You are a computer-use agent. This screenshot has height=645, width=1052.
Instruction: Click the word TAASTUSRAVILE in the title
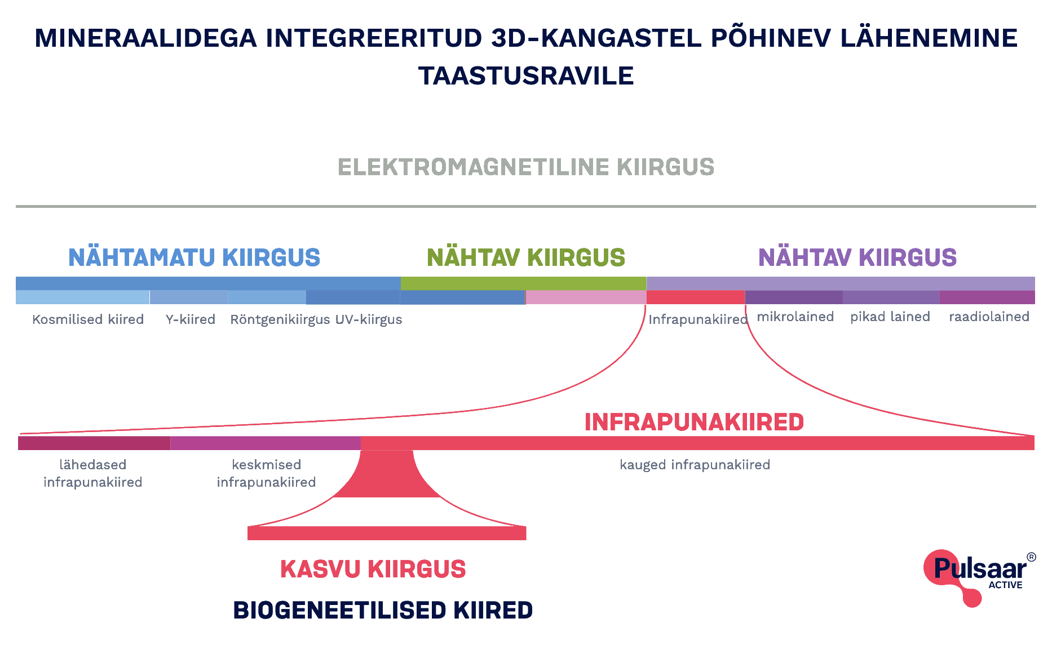click(x=526, y=76)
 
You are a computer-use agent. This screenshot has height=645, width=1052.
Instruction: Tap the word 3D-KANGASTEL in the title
click(x=597, y=38)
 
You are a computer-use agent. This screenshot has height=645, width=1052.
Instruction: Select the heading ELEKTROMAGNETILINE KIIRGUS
click(x=526, y=167)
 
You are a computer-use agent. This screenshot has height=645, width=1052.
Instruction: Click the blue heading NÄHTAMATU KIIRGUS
click(x=194, y=257)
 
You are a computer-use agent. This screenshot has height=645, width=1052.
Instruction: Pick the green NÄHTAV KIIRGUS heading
click(x=526, y=257)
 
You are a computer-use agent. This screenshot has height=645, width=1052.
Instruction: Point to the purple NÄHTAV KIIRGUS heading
click(x=857, y=257)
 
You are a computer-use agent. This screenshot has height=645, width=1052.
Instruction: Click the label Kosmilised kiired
click(x=88, y=319)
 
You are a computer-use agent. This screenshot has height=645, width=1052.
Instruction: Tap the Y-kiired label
click(x=191, y=319)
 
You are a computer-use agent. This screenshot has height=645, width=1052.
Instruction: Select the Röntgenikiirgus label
click(x=280, y=319)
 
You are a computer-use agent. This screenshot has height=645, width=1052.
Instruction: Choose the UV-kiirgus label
click(x=369, y=319)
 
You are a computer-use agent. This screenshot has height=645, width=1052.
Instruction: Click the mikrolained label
click(x=795, y=317)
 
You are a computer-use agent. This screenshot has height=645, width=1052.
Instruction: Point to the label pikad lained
click(x=890, y=317)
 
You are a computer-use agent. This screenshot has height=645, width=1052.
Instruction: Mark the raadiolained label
click(x=989, y=317)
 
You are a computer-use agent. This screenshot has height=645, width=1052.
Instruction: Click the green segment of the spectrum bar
click(x=523, y=283)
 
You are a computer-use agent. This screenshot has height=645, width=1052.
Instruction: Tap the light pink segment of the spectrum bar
click(x=586, y=297)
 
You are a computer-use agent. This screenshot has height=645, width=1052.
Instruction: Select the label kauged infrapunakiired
click(x=695, y=465)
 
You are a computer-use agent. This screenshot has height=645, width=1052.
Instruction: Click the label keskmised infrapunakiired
click(x=266, y=473)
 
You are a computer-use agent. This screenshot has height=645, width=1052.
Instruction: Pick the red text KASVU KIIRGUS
click(x=373, y=569)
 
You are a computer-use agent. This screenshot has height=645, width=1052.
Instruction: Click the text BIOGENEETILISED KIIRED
click(x=383, y=610)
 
